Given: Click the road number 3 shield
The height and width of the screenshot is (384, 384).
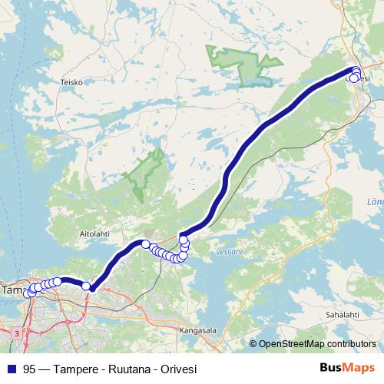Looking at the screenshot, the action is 16,333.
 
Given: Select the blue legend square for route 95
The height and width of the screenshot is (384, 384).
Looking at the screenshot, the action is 11,369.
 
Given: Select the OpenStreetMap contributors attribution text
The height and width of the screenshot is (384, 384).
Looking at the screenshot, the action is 316,344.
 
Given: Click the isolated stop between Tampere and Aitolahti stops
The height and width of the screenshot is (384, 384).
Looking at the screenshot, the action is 87,286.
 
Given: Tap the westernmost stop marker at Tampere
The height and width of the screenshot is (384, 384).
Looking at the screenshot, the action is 28,293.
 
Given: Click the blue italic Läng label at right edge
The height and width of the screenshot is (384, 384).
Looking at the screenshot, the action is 376,202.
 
